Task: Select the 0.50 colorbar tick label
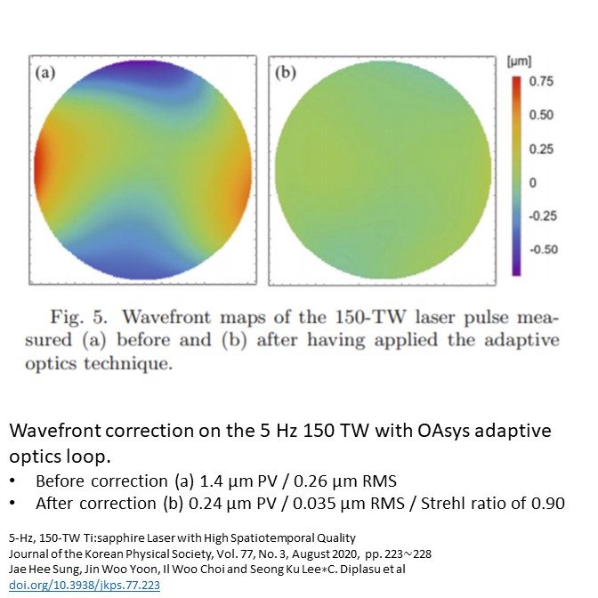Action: coord(541,116)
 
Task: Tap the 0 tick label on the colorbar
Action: coord(533,182)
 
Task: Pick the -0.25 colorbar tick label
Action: coord(543,216)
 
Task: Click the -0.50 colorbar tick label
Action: coord(543,250)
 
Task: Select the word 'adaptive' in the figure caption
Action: coord(521,340)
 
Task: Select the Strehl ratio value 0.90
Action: coord(548,503)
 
